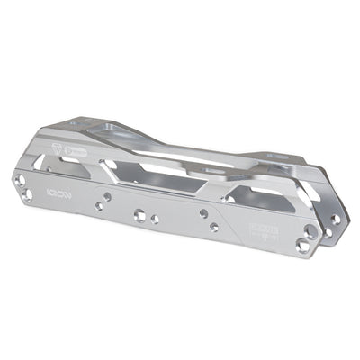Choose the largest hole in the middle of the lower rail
(140, 215)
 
